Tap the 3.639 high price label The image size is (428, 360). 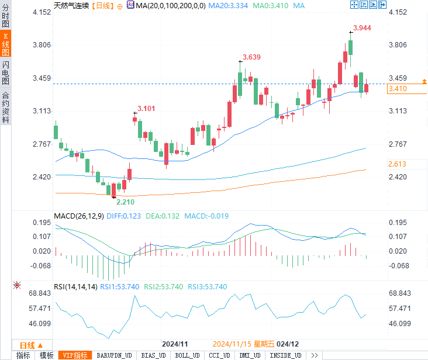click(x=251, y=57)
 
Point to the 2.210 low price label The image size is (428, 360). click(x=125, y=202)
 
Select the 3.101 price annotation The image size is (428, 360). click(x=146, y=108)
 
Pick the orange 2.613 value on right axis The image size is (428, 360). click(x=397, y=164)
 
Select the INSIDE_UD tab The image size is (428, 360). click(x=285, y=355)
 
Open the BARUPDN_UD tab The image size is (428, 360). click(x=114, y=355)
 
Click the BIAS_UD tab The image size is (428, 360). click(x=153, y=355)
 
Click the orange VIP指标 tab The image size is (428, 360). click(x=75, y=355)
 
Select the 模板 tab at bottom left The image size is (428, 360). click(x=46, y=355)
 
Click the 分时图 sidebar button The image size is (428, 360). click(x=6, y=15)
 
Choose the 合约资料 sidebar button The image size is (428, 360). click(x=6, y=107)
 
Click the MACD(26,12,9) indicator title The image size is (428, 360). click(x=79, y=216)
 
